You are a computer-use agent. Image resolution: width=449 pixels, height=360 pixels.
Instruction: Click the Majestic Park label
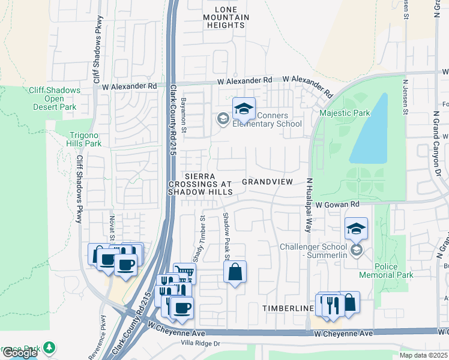(x=345, y=112)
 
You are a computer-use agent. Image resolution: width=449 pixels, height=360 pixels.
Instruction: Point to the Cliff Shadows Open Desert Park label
(x=54, y=98)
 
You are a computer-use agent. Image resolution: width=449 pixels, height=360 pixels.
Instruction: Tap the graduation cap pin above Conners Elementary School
(x=244, y=109)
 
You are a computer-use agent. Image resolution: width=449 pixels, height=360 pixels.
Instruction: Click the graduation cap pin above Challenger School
(x=356, y=229)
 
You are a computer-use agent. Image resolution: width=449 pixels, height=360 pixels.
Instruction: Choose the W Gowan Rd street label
(x=337, y=205)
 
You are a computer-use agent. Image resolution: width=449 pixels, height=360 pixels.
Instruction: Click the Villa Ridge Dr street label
(x=201, y=344)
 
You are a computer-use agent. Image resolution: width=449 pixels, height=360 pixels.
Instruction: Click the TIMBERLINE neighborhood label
(x=288, y=308)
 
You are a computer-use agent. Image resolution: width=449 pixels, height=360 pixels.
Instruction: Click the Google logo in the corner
(x=20, y=353)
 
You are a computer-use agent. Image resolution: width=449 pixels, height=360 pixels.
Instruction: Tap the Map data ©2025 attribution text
(x=423, y=355)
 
